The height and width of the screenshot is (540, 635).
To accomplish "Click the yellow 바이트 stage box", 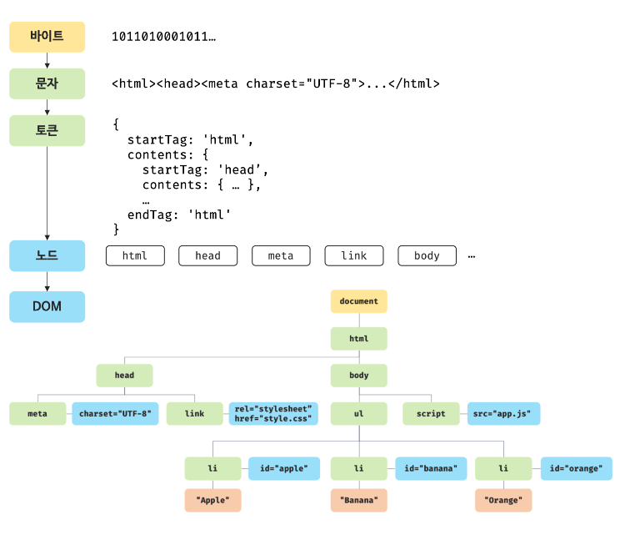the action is click(47, 37).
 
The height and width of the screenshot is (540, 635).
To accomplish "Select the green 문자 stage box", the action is click(47, 83).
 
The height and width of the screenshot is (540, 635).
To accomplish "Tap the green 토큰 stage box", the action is click(47, 131).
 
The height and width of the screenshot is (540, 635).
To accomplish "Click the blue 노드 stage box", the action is click(47, 255).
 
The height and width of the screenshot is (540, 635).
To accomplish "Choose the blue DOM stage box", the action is click(47, 306).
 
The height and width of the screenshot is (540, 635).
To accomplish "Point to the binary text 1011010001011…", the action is click(163, 37).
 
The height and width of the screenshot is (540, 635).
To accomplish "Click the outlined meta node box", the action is click(281, 255).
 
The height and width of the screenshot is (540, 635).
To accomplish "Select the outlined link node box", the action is click(354, 255).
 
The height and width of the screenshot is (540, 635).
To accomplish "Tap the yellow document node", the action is click(359, 301).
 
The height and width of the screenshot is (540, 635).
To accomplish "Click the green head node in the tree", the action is click(124, 376).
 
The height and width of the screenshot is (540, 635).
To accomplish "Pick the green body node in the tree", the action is click(359, 376).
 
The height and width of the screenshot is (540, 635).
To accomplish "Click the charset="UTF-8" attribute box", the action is click(115, 413).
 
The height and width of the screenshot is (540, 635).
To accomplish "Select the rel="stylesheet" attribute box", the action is click(273, 413).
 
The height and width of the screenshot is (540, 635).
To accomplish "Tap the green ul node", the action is click(359, 413).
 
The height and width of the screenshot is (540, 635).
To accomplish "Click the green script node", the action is click(431, 413).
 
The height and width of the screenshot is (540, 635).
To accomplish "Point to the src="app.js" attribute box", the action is click(504, 413).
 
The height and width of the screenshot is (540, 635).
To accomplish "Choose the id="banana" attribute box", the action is click(431, 468).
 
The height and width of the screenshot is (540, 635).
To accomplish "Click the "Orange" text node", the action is click(503, 500).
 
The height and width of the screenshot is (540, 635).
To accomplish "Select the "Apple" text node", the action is click(213, 500).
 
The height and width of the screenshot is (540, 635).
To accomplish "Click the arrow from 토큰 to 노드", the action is click(47, 193).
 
